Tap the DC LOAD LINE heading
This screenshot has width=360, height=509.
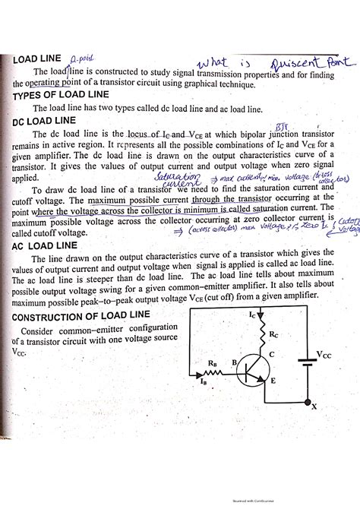click(44, 121)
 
